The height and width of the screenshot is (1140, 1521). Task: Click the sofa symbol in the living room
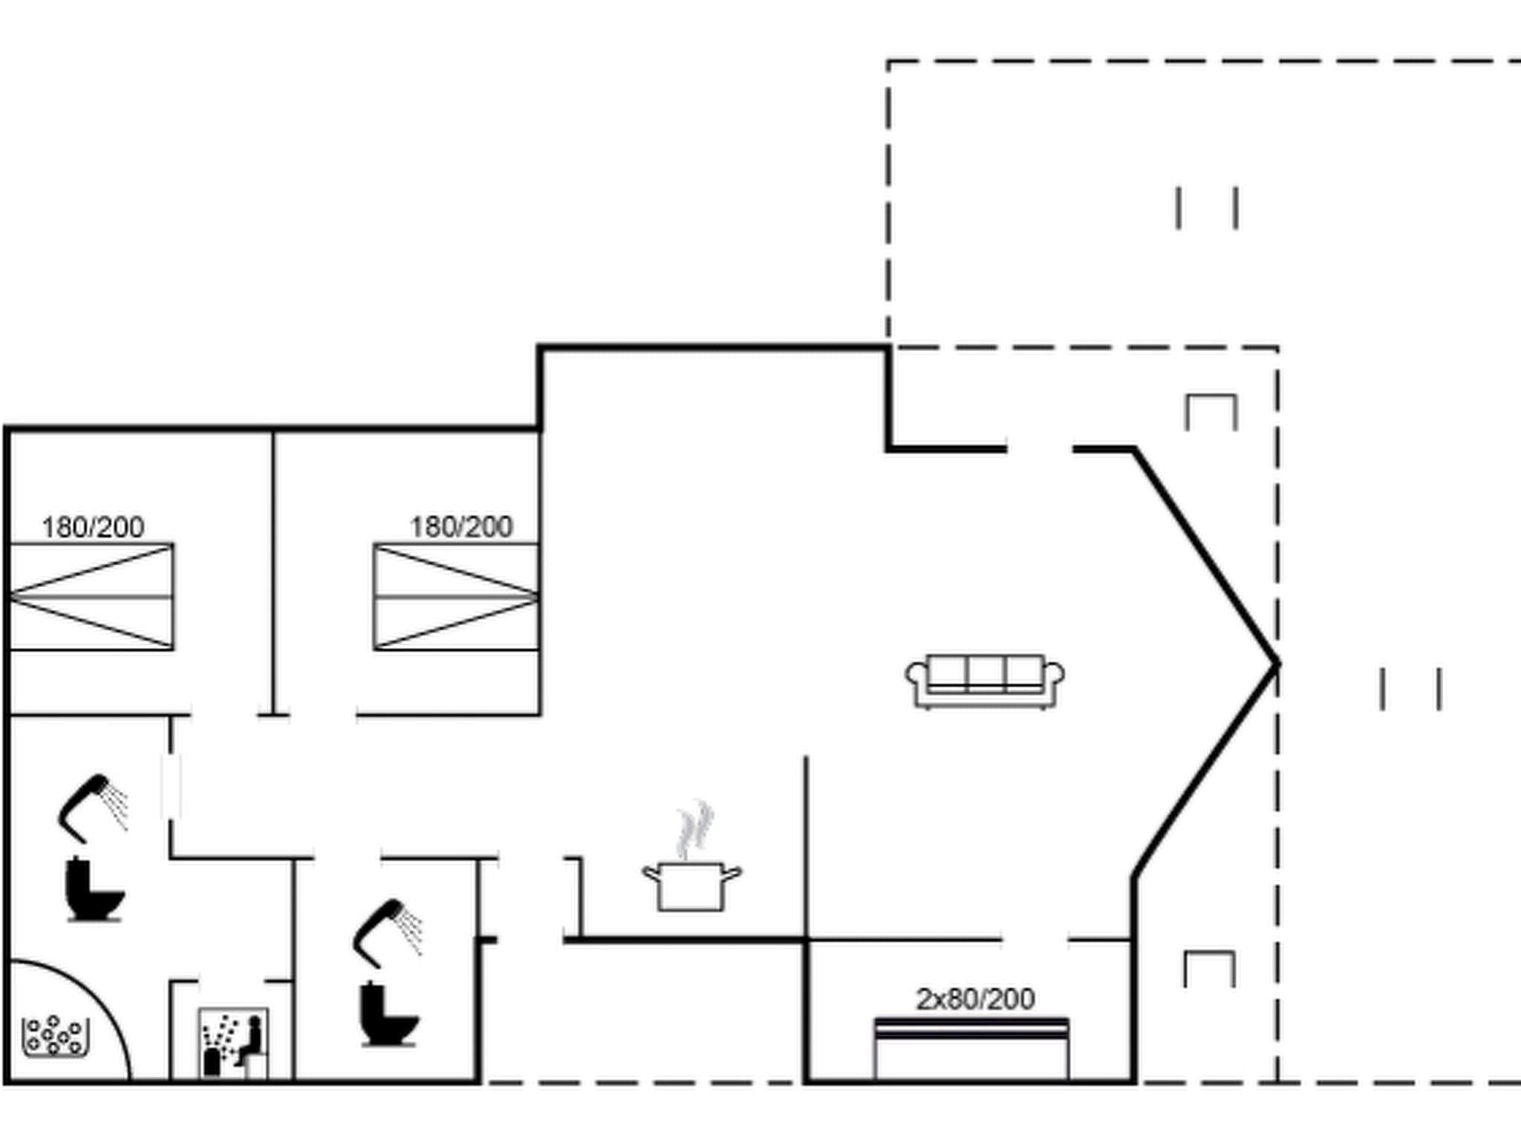pos(984,681)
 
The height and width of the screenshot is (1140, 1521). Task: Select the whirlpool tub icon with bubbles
pos(54,1036)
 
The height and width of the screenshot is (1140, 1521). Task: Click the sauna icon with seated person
pos(233,1042)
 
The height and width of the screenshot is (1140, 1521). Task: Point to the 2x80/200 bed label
pos(974,999)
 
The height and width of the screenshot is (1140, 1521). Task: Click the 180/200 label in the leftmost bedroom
pos(93,527)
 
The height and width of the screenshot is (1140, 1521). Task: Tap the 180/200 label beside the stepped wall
pos(460,527)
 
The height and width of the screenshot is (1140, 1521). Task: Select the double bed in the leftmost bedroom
pos(92,597)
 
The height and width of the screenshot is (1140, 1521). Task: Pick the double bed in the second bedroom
pos(456,597)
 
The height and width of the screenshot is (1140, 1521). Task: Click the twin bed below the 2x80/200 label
pos(971,1049)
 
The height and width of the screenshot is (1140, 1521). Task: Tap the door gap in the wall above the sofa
pos(1040,449)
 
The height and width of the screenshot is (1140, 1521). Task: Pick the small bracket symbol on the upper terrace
pos(1211,413)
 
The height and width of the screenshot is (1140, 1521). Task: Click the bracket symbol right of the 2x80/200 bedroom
pos(1209,969)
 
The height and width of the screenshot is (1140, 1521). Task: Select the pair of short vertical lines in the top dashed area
pos(1207,208)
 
